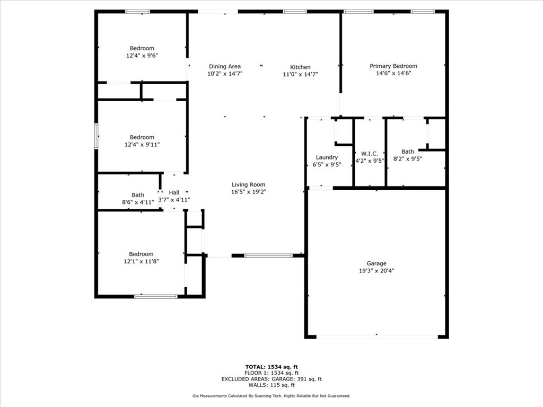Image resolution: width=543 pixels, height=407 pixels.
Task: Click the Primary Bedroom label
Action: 393,66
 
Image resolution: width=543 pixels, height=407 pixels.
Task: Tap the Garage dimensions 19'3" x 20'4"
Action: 376,271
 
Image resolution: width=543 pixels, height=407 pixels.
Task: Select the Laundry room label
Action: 327,157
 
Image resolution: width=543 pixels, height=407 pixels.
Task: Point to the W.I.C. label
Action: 370,153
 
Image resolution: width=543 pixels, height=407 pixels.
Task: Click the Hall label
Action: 174,192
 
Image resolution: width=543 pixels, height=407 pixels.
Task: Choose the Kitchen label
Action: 300,67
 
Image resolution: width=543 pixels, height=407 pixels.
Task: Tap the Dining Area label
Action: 225,66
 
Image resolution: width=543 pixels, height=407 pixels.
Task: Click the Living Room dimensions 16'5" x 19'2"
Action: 249,192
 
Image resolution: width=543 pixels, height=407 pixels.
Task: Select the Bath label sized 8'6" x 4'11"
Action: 138,195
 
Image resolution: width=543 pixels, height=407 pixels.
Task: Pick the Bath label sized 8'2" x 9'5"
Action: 408,151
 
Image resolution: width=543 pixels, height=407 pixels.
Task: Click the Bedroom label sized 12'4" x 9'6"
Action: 142,48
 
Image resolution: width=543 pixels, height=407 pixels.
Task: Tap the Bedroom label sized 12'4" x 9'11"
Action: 142,137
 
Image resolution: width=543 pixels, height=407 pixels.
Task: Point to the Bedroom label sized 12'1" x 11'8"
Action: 141,254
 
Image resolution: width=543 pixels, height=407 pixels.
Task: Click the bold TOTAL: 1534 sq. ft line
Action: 271,367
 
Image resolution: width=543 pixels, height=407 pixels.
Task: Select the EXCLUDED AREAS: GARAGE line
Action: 271,379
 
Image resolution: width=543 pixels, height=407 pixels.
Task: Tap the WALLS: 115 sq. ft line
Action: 271,385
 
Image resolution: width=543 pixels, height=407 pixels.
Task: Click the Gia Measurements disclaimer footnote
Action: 271,395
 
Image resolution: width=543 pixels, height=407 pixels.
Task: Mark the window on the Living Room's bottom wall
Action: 268,255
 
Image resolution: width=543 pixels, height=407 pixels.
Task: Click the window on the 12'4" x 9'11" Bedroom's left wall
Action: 97,136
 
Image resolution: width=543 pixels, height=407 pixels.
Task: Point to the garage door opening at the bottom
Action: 377,337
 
